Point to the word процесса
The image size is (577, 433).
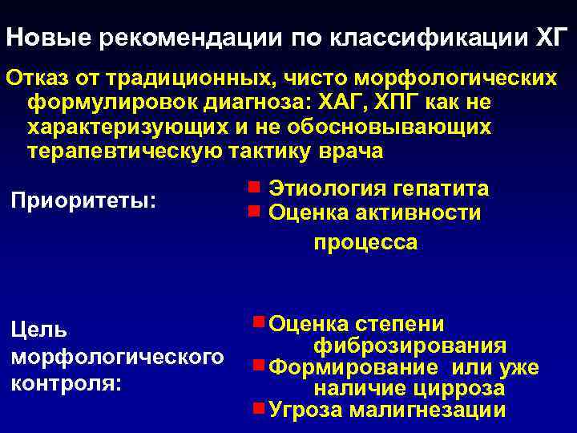365,242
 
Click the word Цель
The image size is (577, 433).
38,330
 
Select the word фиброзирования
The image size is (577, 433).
410,346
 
